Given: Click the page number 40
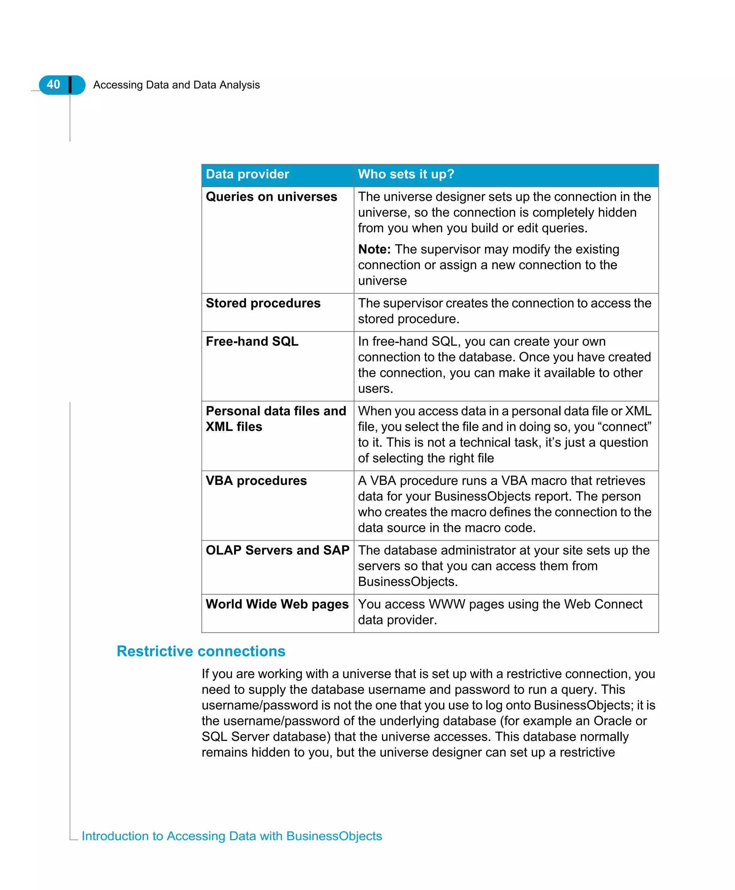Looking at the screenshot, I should pyautogui.click(x=53, y=85).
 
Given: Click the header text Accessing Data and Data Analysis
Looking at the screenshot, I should pyautogui.click(x=176, y=85).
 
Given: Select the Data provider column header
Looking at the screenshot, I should pyautogui.click(x=247, y=174).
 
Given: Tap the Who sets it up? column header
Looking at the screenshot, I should pyautogui.click(x=406, y=174).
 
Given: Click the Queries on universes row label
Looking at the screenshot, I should pyautogui.click(x=271, y=197).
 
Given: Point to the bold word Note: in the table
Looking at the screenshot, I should pyautogui.click(x=374, y=249).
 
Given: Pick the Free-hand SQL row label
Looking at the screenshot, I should pyautogui.click(x=252, y=341).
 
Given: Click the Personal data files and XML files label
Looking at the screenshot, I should pyautogui.click(x=275, y=418).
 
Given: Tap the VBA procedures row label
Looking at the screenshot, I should pyautogui.click(x=256, y=480).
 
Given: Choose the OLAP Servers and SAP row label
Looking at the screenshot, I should pyautogui.click(x=277, y=550).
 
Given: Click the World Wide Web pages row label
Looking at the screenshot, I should pyautogui.click(x=277, y=604).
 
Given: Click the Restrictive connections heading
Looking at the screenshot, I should pyautogui.click(x=201, y=651).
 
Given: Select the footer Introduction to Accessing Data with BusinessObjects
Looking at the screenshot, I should pyautogui.click(x=231, y=836).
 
